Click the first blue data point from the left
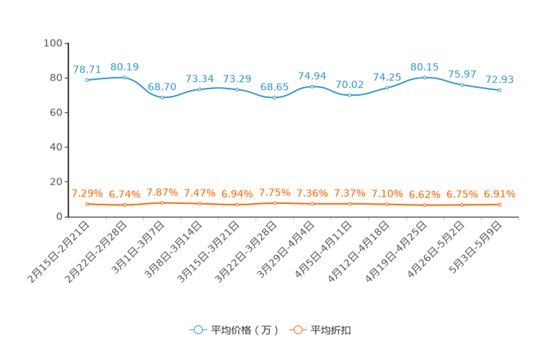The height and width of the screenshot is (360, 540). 87,79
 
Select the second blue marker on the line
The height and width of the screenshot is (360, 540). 124,76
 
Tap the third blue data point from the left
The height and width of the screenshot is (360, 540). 162,97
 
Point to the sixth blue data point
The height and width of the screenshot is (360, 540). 274,97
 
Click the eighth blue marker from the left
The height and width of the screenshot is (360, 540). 350,95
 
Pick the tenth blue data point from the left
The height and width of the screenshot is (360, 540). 425,76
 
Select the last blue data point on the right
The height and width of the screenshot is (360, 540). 500,90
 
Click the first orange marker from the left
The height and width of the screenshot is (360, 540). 87,204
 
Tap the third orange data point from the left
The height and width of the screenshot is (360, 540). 162,203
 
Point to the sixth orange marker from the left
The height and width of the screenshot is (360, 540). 274,203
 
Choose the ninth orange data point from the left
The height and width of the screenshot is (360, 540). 387,205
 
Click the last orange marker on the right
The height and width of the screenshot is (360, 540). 500,205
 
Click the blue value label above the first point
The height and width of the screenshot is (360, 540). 87,69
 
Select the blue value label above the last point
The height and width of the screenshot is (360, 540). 500,78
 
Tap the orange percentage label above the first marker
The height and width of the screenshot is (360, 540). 87,194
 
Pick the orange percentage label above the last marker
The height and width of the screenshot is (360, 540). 500,195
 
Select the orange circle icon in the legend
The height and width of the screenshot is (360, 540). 298,330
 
